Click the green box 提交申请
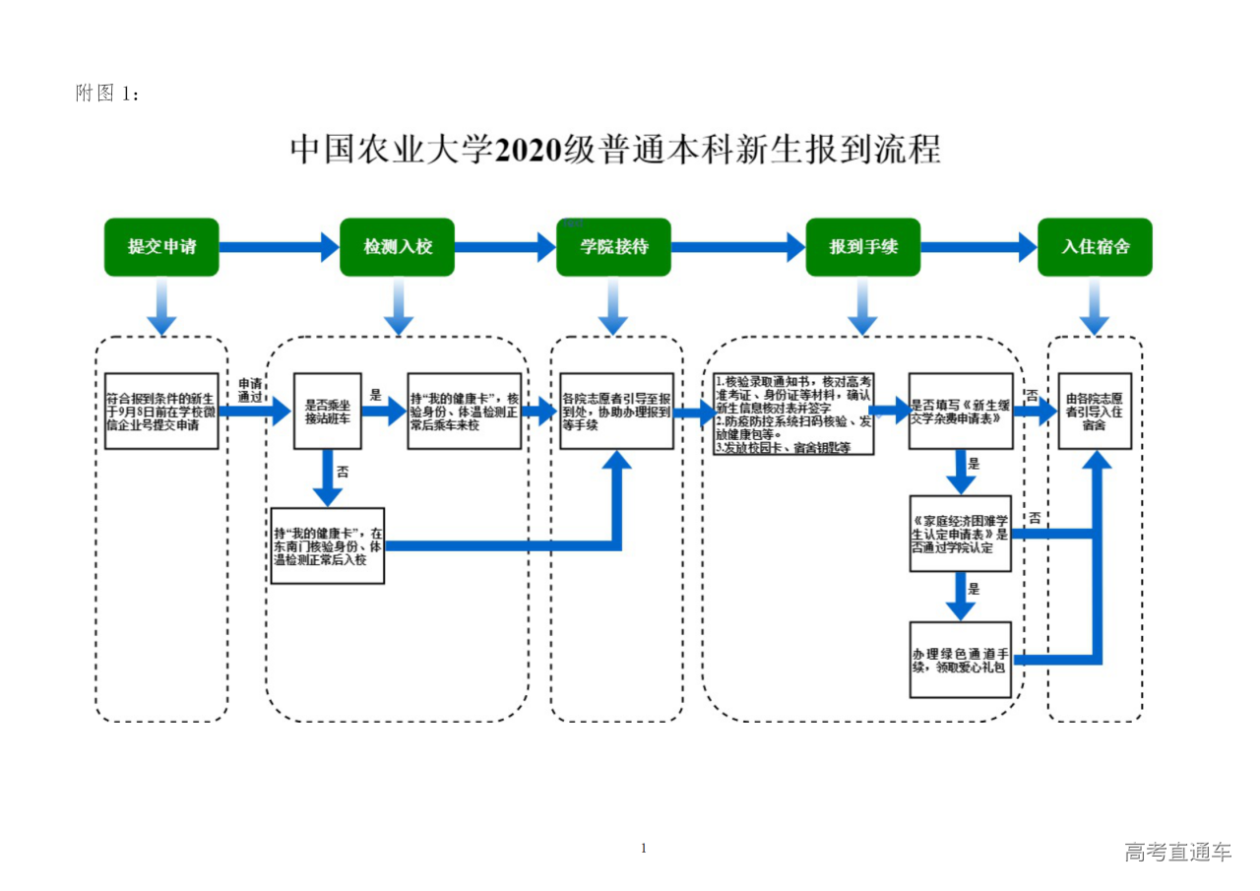click(161, 247)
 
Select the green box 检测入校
click(398, 247)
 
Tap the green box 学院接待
click(613, 247)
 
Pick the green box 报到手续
click(862, 247)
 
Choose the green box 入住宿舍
click(1095, 247)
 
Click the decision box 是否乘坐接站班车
click(327, 411)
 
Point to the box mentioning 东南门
click(328, 546)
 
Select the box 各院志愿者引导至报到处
click(617, 411)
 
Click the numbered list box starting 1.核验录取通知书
click(793, 413)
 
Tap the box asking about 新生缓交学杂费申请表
click(960, 411)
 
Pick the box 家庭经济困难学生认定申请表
click(960, 534)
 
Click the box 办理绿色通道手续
click(960, 660)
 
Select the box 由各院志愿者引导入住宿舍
click(1095, 411)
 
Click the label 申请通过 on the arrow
click(250, 390)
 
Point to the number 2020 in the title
click(527, 150)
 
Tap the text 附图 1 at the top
click(108, 94)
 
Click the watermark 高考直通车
click(1177, 853)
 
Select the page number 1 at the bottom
click(644, 848)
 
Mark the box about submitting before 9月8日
click(161, 411)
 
